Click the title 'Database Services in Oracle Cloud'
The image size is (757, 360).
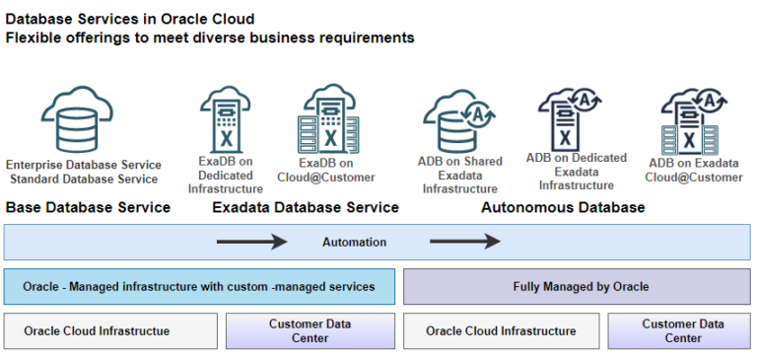click(130, 19)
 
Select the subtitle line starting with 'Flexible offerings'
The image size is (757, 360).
click(210, 37)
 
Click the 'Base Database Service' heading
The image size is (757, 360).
click(88, 207)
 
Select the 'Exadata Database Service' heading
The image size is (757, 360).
click(306, 207)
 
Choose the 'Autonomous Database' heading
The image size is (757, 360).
click(563, 207)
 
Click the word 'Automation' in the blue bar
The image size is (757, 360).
click(354, 242)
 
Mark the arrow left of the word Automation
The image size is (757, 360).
click(251, 242)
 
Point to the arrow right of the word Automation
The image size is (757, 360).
click(464, 242)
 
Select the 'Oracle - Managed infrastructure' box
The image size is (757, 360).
click(199, 286)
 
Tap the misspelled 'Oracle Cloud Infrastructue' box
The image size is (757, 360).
click(110, 330)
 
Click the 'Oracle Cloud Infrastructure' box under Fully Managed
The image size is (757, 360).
click(501, 330)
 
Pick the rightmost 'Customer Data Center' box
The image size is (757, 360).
click(682, 330)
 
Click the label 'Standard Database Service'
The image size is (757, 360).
click(84, 179)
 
